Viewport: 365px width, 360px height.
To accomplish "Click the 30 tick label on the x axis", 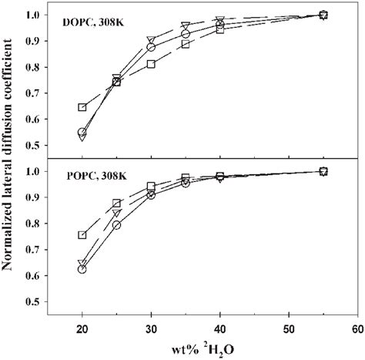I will click(151, 328).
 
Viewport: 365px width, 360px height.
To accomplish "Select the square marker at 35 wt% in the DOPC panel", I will click(186, 44).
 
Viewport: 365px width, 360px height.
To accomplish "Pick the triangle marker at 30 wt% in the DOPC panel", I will click(151, 40).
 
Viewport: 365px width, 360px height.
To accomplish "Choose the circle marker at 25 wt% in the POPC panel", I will click(117, 225).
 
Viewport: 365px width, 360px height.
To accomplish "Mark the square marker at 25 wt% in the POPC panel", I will click(117, 204).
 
